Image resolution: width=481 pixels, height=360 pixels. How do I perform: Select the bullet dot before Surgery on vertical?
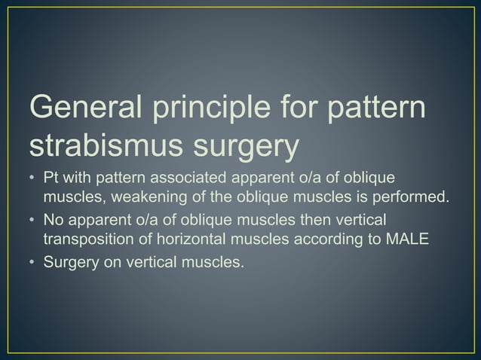31,264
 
